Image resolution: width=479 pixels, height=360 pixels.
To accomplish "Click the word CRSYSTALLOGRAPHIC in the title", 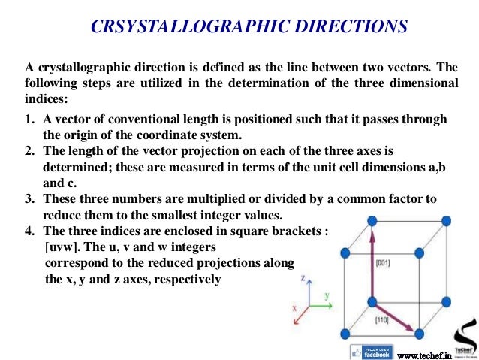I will pos(177,27).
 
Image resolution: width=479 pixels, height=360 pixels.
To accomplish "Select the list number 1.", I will pos(29,119).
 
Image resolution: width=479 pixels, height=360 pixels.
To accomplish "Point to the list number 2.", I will pos(29,151).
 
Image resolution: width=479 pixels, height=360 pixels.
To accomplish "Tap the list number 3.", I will pos(29,199).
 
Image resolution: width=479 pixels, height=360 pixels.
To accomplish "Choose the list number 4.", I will pos(29,231).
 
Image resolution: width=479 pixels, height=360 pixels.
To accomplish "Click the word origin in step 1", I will pos(78,135).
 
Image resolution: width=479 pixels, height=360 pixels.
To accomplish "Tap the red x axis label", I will pos(296,309).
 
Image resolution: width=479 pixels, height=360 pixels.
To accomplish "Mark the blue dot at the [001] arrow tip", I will pos(373,221).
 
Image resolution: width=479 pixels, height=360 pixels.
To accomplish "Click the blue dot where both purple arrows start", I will pos(373,301).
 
